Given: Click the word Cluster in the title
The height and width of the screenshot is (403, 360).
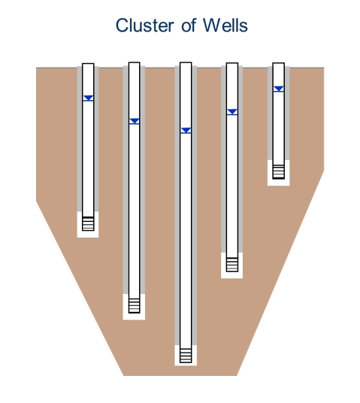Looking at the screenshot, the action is coord(145,26).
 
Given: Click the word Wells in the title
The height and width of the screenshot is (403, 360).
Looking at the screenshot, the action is coord(225,26).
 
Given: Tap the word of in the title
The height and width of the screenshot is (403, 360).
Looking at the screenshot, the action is coord(189,26).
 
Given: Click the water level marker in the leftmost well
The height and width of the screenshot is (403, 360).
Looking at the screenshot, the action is coord(88,98).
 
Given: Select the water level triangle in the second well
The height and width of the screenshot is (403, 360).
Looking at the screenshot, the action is coord(135,121).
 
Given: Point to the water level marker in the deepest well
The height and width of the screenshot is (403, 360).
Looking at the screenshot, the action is coord(186,131).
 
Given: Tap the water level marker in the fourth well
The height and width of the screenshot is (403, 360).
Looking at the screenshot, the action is coord(232,112).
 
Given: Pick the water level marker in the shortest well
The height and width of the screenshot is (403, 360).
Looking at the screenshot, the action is coord(279,89).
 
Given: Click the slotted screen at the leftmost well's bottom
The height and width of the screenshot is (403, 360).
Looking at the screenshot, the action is coord(88,223).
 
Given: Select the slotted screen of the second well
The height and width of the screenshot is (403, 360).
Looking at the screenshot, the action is coord(134,305).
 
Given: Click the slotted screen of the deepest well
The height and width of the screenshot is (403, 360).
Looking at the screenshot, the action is coord(186,356).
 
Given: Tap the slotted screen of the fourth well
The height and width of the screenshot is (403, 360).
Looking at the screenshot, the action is coord(232,265).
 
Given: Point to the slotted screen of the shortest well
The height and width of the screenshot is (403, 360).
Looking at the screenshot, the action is coord(279,171).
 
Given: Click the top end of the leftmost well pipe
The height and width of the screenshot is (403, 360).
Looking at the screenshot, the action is coord(88,63).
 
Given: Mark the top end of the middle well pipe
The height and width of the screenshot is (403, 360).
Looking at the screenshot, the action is coord(186,62).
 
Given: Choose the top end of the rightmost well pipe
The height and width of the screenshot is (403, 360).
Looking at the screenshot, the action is coord(279,63).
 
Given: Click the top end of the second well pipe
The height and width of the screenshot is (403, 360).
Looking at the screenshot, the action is coord(134,62).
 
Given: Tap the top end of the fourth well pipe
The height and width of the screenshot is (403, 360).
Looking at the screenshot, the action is coord(232,63).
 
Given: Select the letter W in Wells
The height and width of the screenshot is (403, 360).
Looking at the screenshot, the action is coord(212,26).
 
